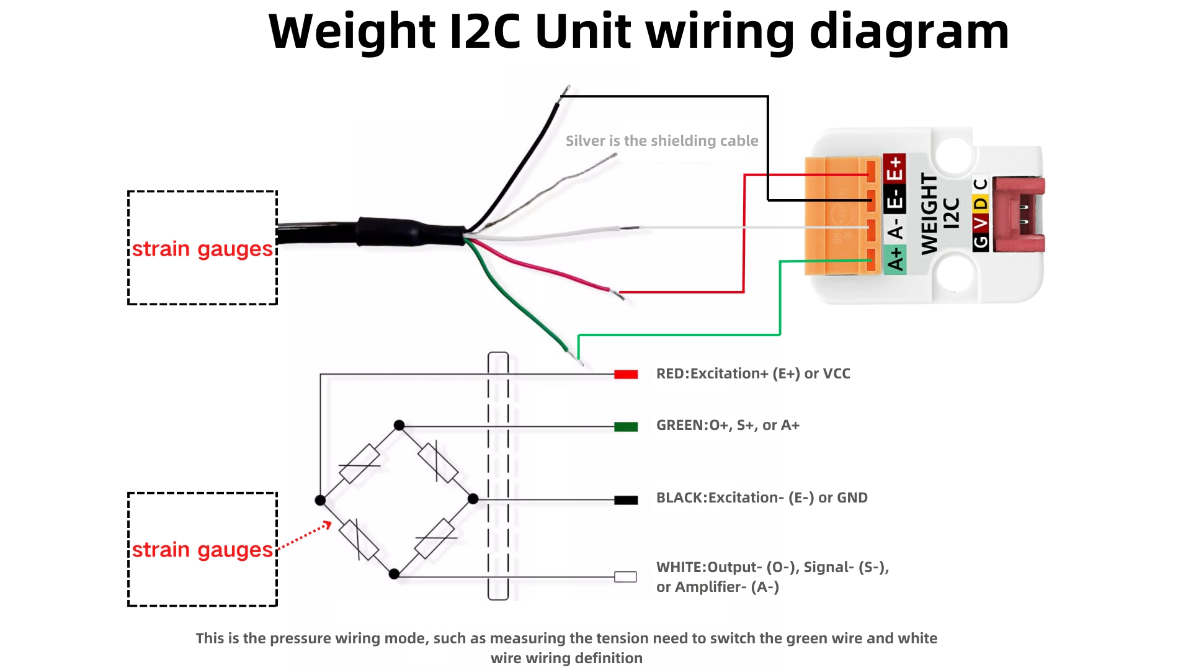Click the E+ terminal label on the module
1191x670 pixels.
(x=894, y=168)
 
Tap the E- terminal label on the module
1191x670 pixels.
(x=894, y=200)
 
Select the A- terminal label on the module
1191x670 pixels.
(x=894, y=230)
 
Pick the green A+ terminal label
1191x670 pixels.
(x=894, y=259)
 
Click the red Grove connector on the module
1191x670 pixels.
(x=1019, y=215)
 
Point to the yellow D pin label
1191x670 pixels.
(x=980, y=203)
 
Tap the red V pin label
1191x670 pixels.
(x=980, y=222)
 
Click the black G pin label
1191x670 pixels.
(x=980, y=241)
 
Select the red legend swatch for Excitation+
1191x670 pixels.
(x=626, y=374)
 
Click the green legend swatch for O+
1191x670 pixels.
(x=626, y=426)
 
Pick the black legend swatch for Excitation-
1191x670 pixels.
(x=626, y=500)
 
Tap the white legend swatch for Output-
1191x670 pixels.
(x=625, y=577)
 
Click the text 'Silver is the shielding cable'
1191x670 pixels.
(x=662, y=141)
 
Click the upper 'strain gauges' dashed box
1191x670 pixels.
(x=202, y=248)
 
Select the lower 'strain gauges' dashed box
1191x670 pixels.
(x=202, y=549)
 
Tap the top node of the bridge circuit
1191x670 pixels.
(x=399, y=426)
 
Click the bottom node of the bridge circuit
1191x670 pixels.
(x=394, y=574)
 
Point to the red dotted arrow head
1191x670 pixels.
(x=328, y=525)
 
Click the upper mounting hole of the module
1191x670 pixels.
(x=953, y=154)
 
